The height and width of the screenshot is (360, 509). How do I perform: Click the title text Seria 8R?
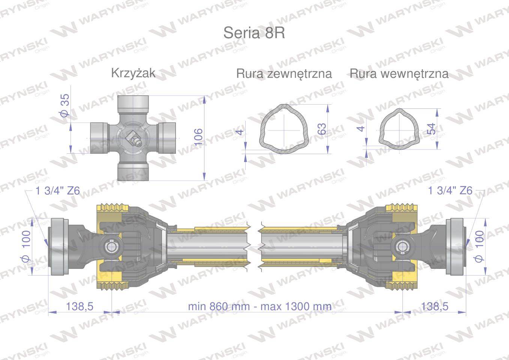(x=254, y=33)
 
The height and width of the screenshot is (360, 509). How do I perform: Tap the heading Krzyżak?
(x=134, y=73)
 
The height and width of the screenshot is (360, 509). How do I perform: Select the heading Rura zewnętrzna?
(x=284, y=74)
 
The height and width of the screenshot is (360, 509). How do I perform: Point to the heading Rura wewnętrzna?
(x=399, y=74)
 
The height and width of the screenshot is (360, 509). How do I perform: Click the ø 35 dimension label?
(x=65, y=105)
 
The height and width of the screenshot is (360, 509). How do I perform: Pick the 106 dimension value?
(x=198, y=137)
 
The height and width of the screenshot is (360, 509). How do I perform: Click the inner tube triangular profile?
(x=399, y=129)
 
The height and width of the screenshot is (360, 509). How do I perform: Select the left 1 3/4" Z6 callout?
(x=58, y=190)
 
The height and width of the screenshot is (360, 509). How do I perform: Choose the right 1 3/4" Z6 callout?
(x=450, y=190)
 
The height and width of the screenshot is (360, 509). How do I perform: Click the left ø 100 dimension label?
(x=26, y=246)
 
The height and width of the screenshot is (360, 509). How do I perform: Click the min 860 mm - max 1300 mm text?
(x=260, y=306)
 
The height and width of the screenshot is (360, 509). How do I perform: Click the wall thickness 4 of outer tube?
(x=240, y=132)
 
